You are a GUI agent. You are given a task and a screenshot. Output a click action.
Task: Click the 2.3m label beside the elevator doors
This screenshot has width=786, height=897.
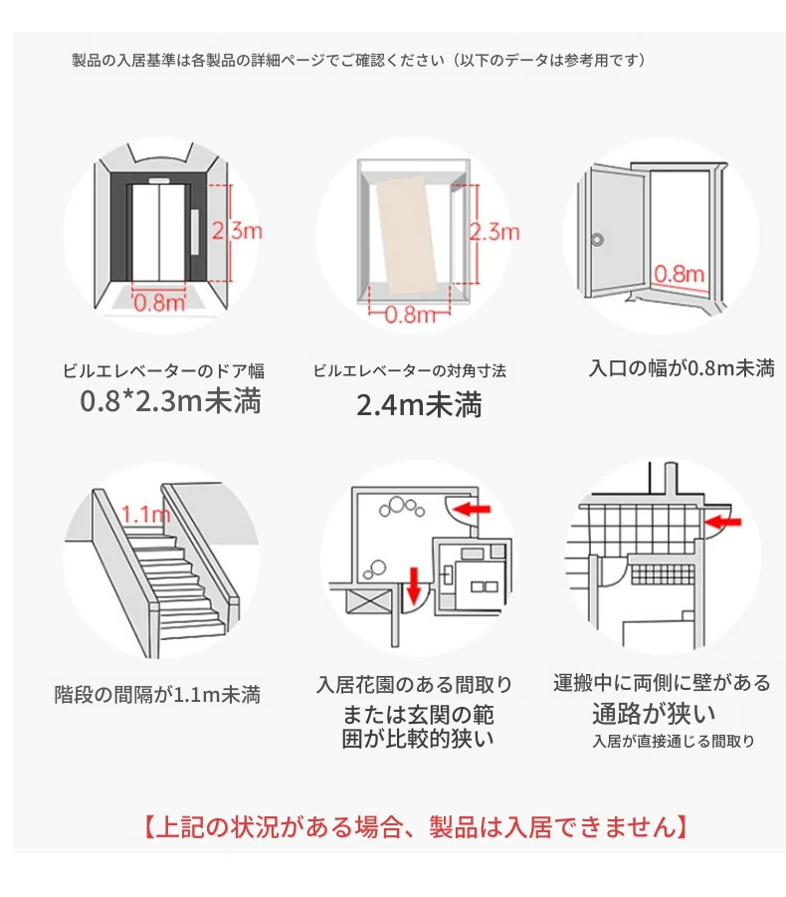238,232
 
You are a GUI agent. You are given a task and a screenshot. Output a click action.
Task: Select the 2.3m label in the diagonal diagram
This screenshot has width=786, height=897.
495,232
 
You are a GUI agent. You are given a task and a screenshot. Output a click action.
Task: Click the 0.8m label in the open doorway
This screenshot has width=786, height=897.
680,273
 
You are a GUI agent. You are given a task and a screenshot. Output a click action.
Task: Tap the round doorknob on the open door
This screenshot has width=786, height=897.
597,240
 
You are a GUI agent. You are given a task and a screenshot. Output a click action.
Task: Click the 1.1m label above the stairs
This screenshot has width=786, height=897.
145,515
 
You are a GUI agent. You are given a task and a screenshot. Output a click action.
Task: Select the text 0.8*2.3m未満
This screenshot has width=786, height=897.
170,402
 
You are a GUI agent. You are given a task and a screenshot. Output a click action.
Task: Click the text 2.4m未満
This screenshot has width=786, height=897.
419,405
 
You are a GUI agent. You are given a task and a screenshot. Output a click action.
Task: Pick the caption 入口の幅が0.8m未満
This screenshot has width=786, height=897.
682,368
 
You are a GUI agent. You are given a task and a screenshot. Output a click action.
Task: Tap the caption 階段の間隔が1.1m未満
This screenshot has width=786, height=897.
157,694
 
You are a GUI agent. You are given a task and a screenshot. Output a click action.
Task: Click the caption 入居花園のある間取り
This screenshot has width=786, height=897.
414,684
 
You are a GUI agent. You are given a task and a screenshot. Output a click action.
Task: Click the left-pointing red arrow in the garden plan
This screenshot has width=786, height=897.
472,510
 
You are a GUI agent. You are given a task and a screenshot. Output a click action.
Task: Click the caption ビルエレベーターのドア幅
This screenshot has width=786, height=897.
163,371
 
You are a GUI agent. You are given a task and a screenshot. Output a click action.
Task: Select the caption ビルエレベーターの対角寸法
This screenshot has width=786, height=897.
410,371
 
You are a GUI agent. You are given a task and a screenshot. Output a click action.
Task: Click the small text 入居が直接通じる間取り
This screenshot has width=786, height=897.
673,741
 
